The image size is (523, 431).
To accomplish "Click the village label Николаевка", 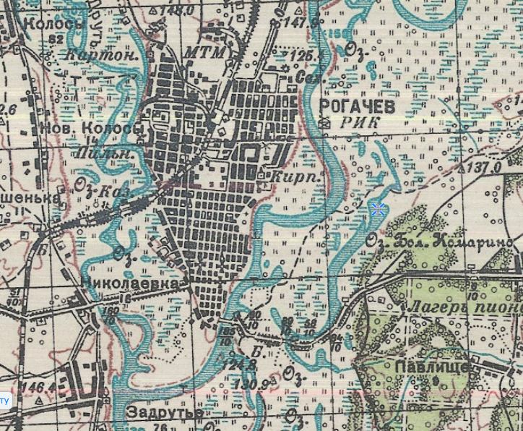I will [139, 283].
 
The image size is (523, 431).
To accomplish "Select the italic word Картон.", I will [92, 56].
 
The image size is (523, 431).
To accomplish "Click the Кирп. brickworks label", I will [288, 176].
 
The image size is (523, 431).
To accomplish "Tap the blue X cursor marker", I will [377, 210].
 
